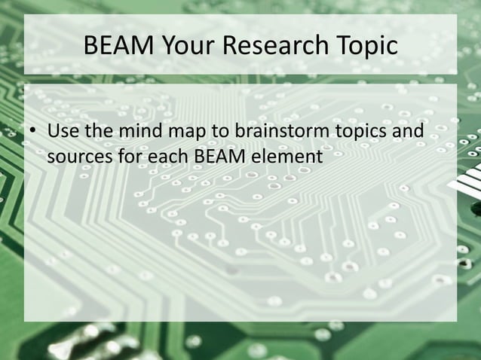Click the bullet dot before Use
click(33, 135)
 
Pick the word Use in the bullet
click(61, 133)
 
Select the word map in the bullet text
click(178, 135)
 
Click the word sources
click(75, 158)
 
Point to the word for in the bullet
click(121, 157)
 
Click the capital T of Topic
click(337, 46)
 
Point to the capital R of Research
click(231, 46)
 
